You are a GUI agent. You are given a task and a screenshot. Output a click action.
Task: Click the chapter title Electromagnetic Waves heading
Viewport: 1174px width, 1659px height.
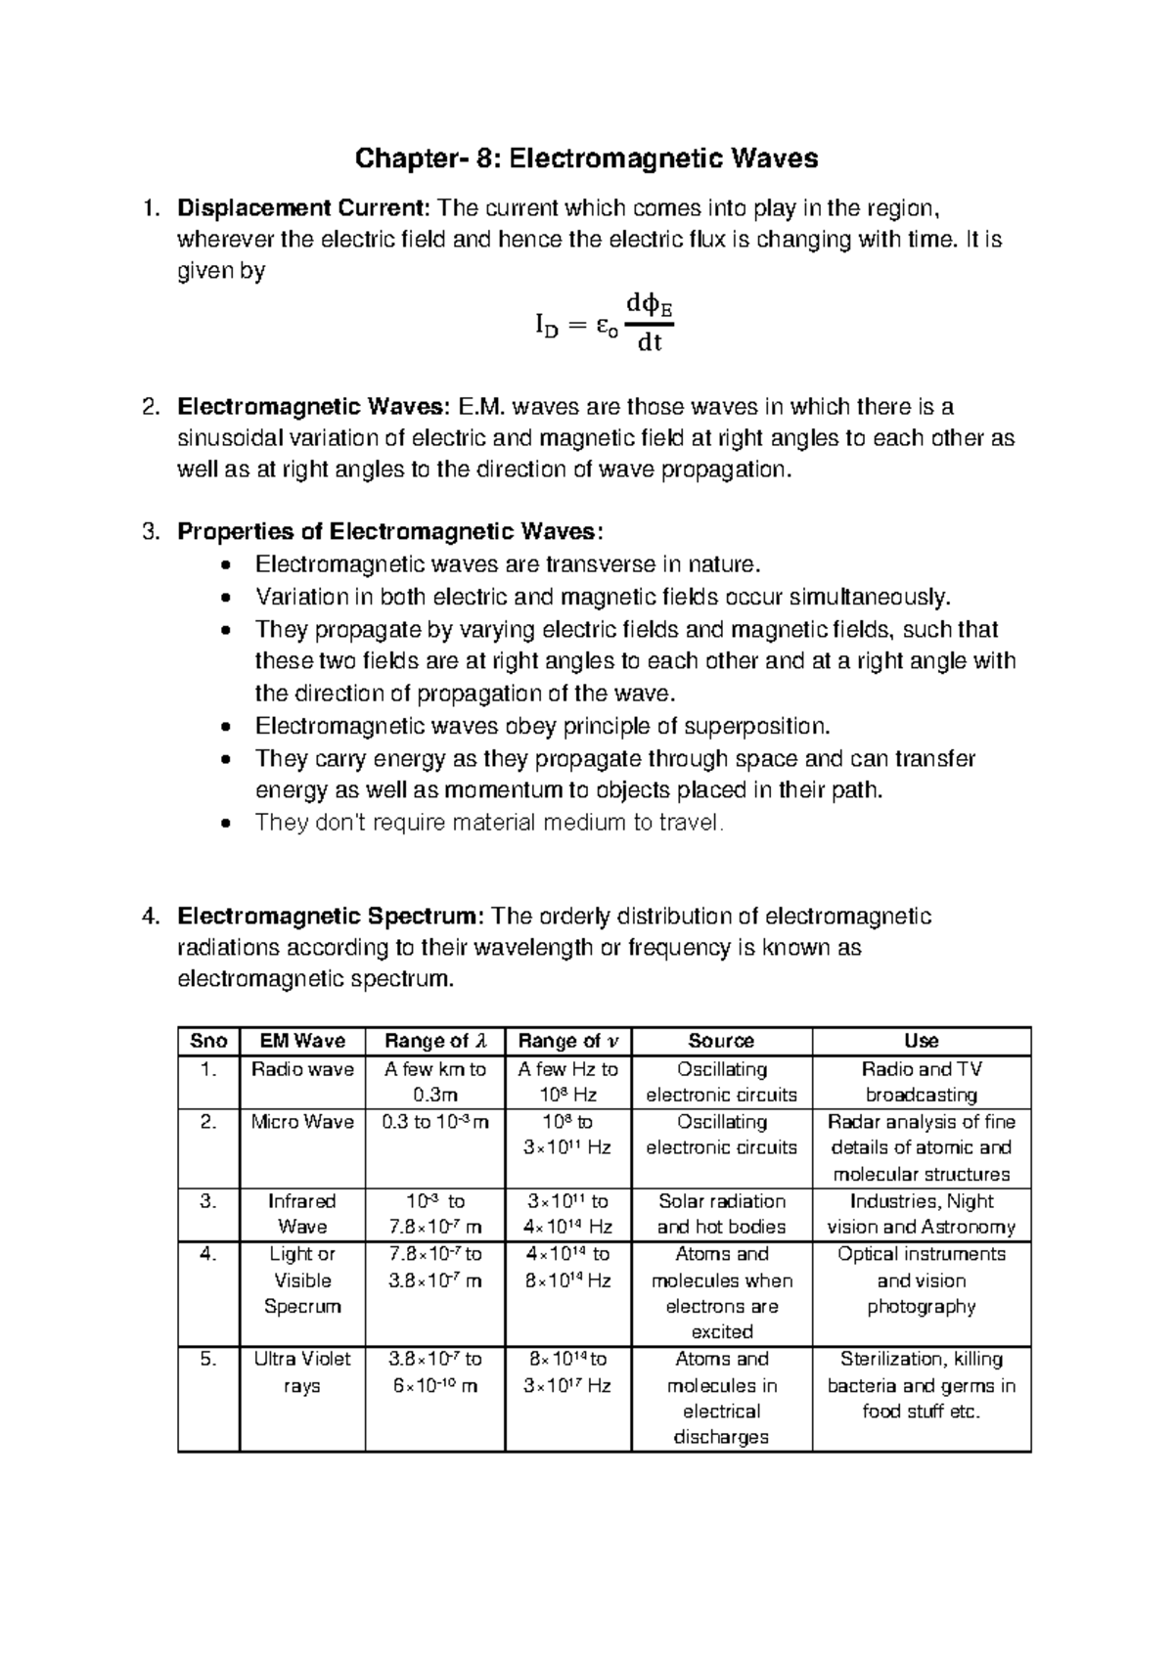[586, 158]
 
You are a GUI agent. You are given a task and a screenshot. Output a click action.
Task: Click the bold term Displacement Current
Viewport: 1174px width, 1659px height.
[303, 207]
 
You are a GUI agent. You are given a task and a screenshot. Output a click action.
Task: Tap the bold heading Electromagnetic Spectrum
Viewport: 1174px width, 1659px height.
[330, 917]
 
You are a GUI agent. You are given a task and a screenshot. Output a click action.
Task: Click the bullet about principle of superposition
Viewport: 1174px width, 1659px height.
[542, 726]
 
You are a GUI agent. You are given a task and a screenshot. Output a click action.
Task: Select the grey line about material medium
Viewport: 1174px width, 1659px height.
[489, 823]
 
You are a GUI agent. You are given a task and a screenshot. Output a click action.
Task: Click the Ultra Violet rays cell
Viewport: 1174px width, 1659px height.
[302, 1372]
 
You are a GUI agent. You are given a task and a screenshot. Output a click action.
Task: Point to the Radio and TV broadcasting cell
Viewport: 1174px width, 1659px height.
[922, 1082]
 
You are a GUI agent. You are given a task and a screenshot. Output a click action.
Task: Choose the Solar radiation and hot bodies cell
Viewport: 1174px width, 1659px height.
[721, 1214]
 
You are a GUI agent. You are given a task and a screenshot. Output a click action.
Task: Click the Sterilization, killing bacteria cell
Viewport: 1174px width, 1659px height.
[922, 1385]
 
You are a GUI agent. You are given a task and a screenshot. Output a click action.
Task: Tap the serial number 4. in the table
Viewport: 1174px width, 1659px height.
[207, 1254]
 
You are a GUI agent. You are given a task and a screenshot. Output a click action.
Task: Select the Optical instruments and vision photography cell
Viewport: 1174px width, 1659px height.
[922, 1280]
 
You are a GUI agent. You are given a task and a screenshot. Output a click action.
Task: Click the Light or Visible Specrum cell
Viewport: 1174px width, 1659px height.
[302, 1280]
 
